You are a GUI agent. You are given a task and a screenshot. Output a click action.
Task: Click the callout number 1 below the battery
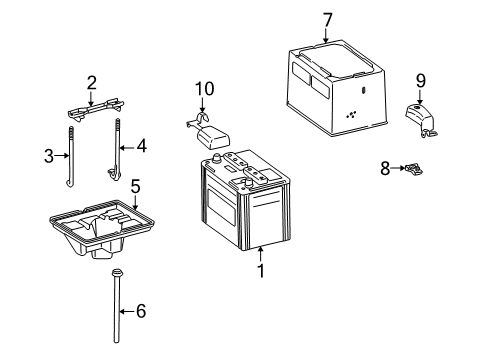[x=261, y=271]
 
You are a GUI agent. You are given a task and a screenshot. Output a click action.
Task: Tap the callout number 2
[x=92, y=83]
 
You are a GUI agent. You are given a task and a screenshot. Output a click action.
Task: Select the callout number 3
[x=49, y=156]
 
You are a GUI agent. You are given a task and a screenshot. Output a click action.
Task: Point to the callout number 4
[x=142, y=146]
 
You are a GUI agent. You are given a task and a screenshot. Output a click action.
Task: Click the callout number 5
[x=135, y=187]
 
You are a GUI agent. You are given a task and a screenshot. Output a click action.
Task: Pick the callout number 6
[x=141, y=311]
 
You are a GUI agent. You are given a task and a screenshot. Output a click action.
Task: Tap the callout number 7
[x=328, y=20]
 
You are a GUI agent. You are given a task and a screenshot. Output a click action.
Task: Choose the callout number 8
[x=385, y=168]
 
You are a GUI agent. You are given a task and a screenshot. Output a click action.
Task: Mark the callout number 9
[x=421, y=81]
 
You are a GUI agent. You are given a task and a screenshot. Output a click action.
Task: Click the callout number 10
[x=204, y=89]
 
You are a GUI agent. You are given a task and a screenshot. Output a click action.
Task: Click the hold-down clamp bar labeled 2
[x=96, y=109]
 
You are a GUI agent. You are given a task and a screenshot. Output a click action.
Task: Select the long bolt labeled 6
[x=116, y=306]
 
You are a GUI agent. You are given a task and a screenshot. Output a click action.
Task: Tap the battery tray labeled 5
[x=102, y=229]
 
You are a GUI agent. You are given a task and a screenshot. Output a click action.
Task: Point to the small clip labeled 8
[x=414, y=169]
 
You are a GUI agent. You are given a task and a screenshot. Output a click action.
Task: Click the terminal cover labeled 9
[x=421, y=120]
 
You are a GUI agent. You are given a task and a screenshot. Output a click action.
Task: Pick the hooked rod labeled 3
[x=70, y=157]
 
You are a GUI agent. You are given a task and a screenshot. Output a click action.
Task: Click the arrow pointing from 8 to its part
[x=397, y=168]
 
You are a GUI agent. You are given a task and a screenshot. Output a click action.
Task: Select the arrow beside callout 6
[x=127, y=311]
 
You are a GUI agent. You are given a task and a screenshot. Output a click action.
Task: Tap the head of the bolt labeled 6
[x=117, y=273]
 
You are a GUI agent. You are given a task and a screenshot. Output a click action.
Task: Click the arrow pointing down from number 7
[x=326, y=36]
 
